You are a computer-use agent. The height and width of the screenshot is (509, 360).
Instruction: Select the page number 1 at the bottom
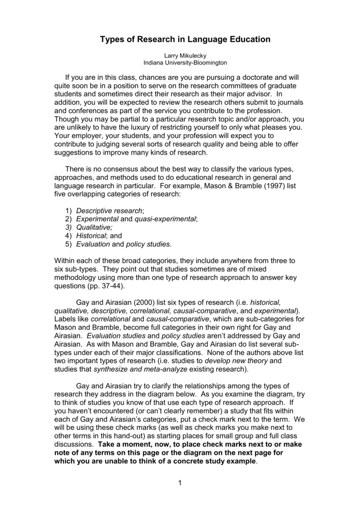pyautogui.click(x=180, y=484)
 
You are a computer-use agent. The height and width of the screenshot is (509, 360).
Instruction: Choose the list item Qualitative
pyautogui.click(x=94, y=227)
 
